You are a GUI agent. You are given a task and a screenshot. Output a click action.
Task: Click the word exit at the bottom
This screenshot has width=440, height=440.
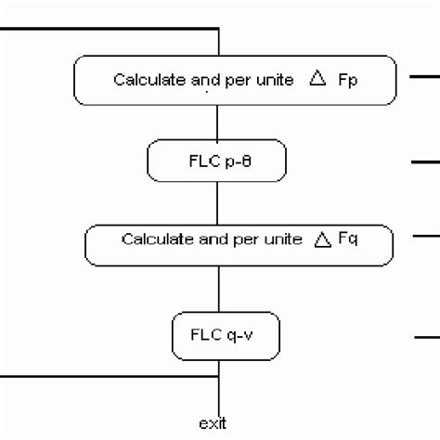[x=212, y=423]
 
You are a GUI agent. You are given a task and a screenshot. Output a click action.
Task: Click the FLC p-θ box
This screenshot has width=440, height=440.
[x=217, y=162]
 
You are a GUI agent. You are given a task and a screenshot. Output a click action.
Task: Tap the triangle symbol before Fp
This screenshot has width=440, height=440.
[x=317, y=80]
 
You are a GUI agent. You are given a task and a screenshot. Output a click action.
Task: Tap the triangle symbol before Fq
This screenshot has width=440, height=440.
[x=322, y=241]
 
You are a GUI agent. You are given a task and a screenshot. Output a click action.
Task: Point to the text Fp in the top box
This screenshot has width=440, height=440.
[x=347, y=80]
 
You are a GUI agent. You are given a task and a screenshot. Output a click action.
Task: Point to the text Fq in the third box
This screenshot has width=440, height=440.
[x=350, y=240]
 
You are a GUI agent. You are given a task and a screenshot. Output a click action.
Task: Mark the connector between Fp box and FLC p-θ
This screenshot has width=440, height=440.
[x=218, y=121]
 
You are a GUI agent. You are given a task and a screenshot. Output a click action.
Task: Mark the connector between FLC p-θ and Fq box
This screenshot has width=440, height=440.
[x=218, y=201]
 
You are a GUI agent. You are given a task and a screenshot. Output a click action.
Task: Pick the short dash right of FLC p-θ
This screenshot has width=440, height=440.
[x=424, y=162]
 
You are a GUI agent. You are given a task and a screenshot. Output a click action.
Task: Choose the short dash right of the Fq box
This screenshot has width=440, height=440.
[x=424, y=236]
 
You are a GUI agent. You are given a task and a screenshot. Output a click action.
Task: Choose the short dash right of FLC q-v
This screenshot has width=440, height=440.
[x=424, y=337]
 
